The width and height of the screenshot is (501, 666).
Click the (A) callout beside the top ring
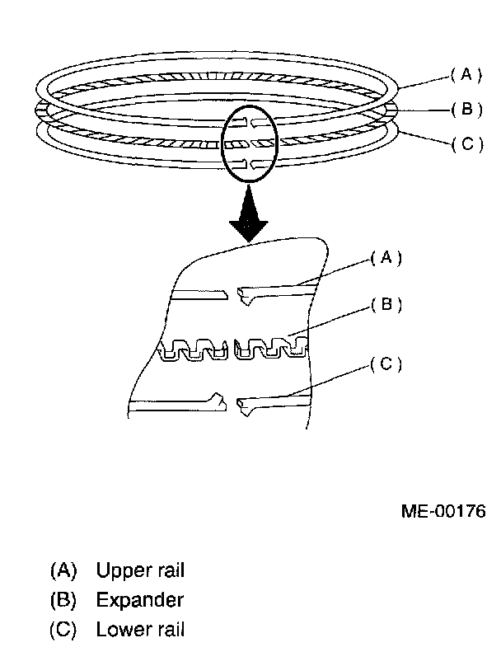point(465,75)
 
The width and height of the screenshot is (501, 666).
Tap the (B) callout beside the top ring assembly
point(466,110)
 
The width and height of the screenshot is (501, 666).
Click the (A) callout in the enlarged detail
point(385,257)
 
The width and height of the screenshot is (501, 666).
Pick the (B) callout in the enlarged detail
point(385,305)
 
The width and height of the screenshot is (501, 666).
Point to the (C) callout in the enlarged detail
point(385,363)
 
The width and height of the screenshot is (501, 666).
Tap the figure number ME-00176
point(442,512)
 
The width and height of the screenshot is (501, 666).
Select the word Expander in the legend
point(139,600)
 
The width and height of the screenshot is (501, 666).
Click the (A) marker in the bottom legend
point(63,570)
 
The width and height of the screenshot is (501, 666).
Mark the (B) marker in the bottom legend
point(63,600)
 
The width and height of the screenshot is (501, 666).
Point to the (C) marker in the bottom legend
point(63,631)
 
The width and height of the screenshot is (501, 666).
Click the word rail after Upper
point(167,570)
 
